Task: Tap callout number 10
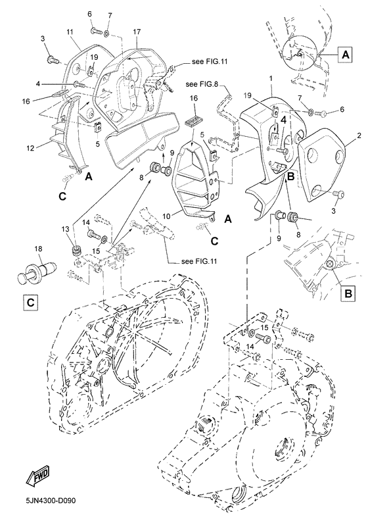166,216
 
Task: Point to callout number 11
70,32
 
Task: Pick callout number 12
30,148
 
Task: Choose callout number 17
137,32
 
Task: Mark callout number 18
39,249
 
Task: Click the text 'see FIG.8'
202,84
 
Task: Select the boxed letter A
346,54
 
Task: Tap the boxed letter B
348,293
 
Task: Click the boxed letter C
30,303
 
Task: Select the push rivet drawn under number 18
36,272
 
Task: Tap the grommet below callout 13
78,251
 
